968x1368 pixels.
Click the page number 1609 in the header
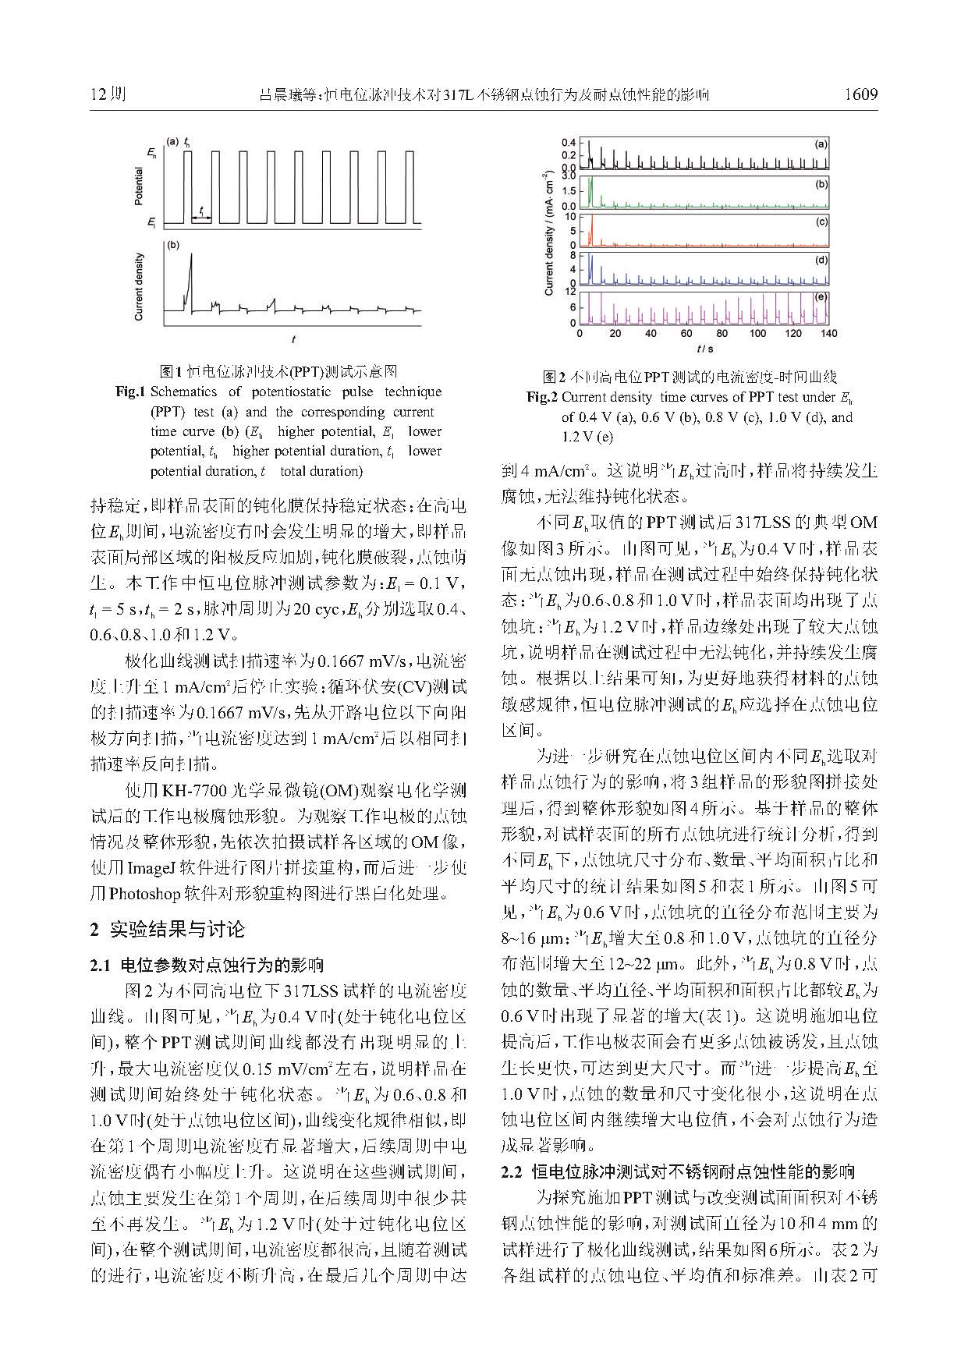[x=861, y=95]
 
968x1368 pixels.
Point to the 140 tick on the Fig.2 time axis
[x=828, y=334]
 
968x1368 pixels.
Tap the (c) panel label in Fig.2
[x=821, y=222]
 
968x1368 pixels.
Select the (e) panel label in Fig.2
[x=821, y=297]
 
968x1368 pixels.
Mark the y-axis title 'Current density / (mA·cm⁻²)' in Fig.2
[x=549, y=233]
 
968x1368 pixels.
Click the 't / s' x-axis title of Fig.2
[x=704, y=349]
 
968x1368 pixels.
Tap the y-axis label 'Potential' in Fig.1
[x=139, y=186]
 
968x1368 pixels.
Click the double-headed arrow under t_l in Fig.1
[x=201, y=218]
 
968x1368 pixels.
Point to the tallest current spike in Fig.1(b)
[x=192, y=257]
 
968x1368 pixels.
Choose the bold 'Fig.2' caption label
[x=541, y=397]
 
